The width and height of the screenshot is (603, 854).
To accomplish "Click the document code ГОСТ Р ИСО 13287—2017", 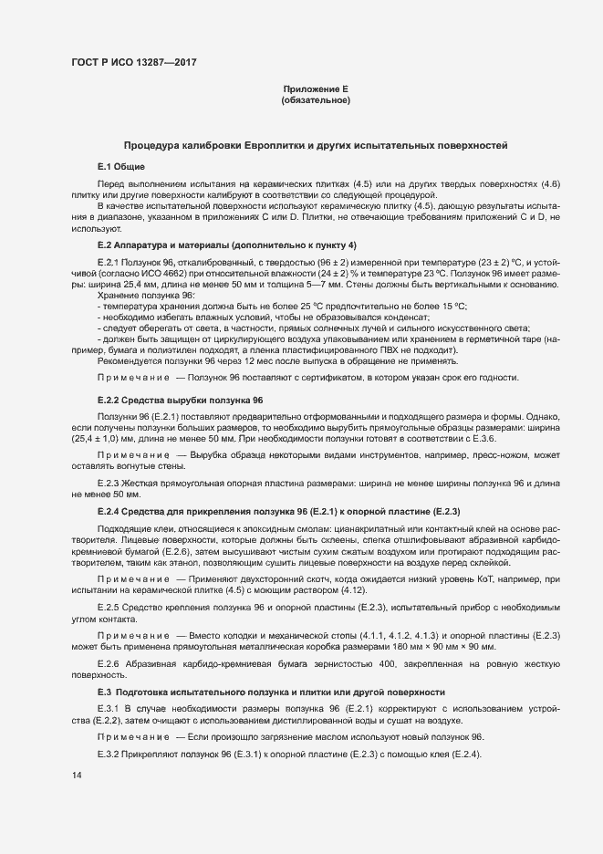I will click(134, 62).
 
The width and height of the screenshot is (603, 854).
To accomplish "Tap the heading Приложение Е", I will click(317, 89).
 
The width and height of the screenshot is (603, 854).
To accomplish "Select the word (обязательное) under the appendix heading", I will click(317, 99).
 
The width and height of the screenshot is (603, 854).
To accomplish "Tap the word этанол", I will click(192, 564).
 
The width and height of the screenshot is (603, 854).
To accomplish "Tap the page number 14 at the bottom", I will click(77, 775).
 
